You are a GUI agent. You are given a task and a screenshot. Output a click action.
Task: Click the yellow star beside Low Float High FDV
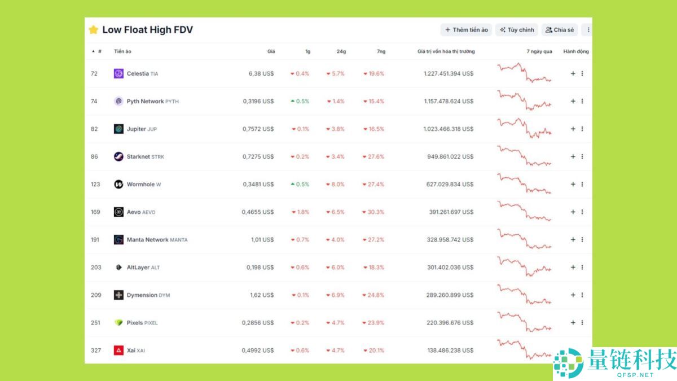coord(94,30)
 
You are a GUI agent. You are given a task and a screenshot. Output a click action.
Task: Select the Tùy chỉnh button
coord(516,30)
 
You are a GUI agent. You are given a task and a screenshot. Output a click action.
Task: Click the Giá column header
coord(271,51)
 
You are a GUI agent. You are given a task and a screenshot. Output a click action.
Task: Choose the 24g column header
coord(341,51)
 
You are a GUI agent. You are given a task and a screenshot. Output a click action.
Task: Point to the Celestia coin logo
coord(118,73)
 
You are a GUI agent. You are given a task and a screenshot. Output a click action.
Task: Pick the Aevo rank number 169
coord(95,212)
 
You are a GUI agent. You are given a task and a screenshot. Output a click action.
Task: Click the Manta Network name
coord(147,239)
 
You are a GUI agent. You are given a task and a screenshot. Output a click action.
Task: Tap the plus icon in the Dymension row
coord(573,295)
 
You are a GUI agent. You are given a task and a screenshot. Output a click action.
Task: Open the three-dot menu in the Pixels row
coord(582,322)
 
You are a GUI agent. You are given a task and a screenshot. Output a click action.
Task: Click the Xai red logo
coord(118,350)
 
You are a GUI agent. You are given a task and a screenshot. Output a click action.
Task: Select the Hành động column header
coord(575,51)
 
